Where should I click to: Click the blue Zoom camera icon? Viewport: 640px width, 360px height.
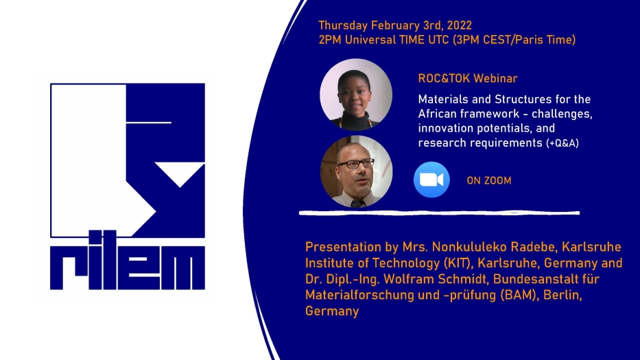tap(431, 180)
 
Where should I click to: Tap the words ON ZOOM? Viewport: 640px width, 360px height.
tap(489, 180)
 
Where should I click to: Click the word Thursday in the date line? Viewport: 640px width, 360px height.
tap(343, 26)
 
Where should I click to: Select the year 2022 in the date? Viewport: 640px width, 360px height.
tap(459, 25)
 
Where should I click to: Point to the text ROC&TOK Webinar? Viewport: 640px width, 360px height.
tap(468, 78)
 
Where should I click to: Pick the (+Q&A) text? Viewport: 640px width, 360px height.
tap(562, 143)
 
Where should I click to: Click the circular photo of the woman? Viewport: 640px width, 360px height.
tap(356, 95)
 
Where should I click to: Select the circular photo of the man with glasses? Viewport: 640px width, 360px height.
tap(356, 171)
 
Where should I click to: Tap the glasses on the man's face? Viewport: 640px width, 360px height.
tap(355, 164)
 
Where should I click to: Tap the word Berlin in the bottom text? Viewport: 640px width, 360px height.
tap(562, 295)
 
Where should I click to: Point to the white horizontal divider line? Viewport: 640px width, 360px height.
tap(439, 213)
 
